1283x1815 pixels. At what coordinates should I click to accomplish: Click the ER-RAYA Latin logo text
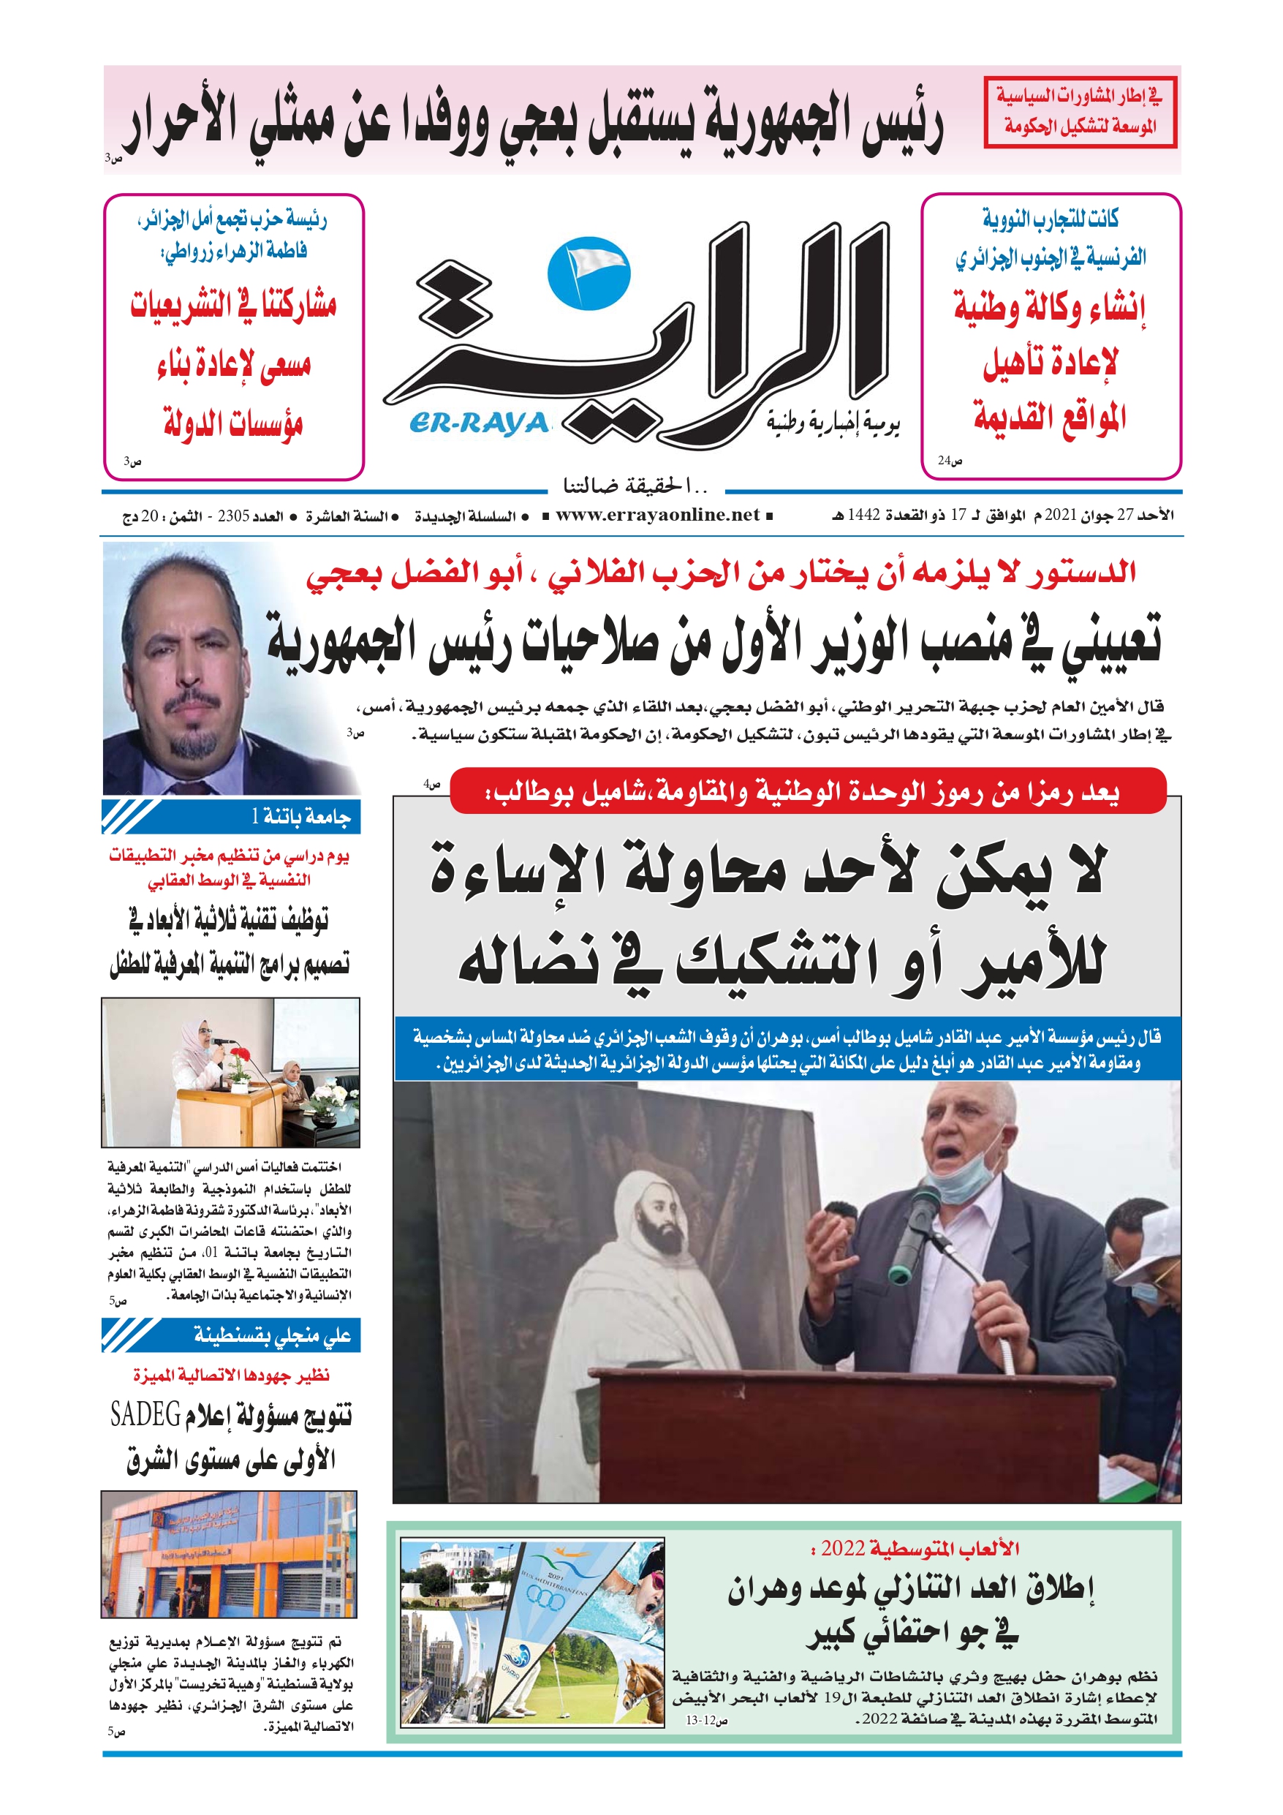(479, 423)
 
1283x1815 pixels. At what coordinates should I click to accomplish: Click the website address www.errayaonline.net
(657, 516)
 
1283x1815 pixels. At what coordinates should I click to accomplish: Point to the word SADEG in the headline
(145, 1414)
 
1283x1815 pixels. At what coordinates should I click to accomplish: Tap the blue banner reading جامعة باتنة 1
(231, 817)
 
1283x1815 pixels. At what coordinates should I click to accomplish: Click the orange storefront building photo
(229, 1555)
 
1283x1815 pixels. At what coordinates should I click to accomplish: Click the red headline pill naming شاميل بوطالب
(807, 791)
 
